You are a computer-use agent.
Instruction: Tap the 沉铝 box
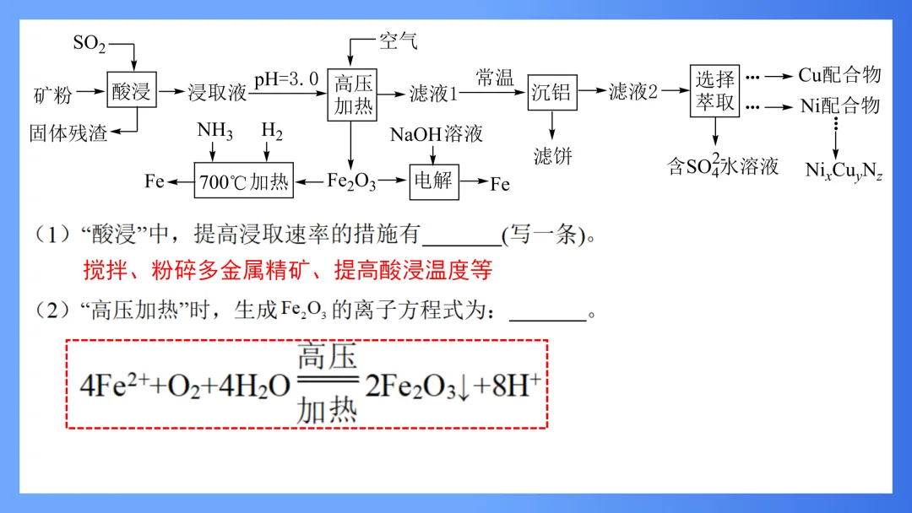pyautogui.click(x=551, y=92)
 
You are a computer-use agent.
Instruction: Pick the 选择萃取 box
pyautogui.click(x=714, y=91)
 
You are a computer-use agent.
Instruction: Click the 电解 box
pyautogui.click(x=433, y=182)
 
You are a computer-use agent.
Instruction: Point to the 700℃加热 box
pyautogui.click(x=244, y=182)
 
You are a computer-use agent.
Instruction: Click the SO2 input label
pyautogui.click(x=90, y=44)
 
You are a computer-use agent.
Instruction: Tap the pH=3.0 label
pyautogui.click(x=286, y=78)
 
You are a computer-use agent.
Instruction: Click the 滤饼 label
pyautogui.click(x=553, y=156)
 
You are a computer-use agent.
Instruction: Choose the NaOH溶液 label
pyautogui.click(x=436, y=134)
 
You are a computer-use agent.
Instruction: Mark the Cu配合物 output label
pyautogui.click(x=839, y=75)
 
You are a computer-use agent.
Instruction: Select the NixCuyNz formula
pyautogui.click(x=844, y=170)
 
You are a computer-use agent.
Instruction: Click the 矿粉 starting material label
pyautogui.click(x=52, y=94)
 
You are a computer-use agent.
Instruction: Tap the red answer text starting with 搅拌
pyautogui.click(x=287, y=270)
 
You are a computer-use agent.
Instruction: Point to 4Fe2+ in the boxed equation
pyautogui.click(x=115, y=385)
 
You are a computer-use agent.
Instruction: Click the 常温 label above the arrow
pyautogui.click(x=494, y=78)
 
